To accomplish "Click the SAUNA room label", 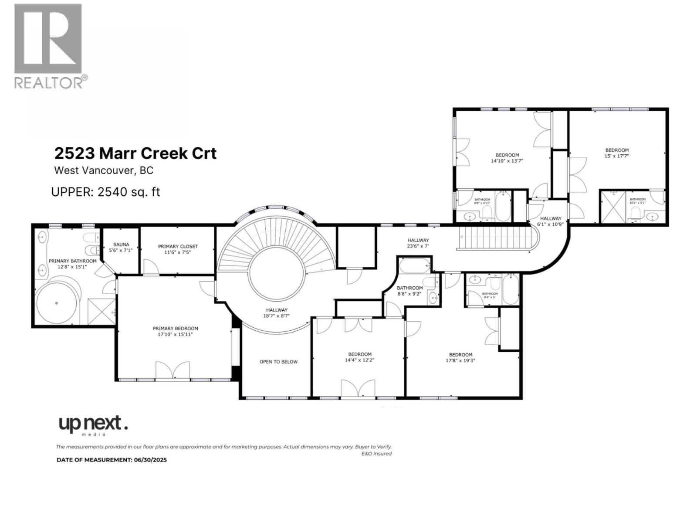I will point(121,245).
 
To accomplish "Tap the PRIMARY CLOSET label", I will point(178,247).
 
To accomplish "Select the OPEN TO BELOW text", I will point(278,362).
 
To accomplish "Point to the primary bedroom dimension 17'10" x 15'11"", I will point(175,335).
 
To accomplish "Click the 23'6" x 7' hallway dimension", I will point(418,246).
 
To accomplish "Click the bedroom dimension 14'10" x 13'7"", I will point(507,161).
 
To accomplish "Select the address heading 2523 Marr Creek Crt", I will point(135,153).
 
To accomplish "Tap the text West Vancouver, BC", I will point(103,170).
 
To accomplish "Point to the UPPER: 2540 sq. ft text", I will point(105,192).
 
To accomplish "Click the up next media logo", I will point(93,425).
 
